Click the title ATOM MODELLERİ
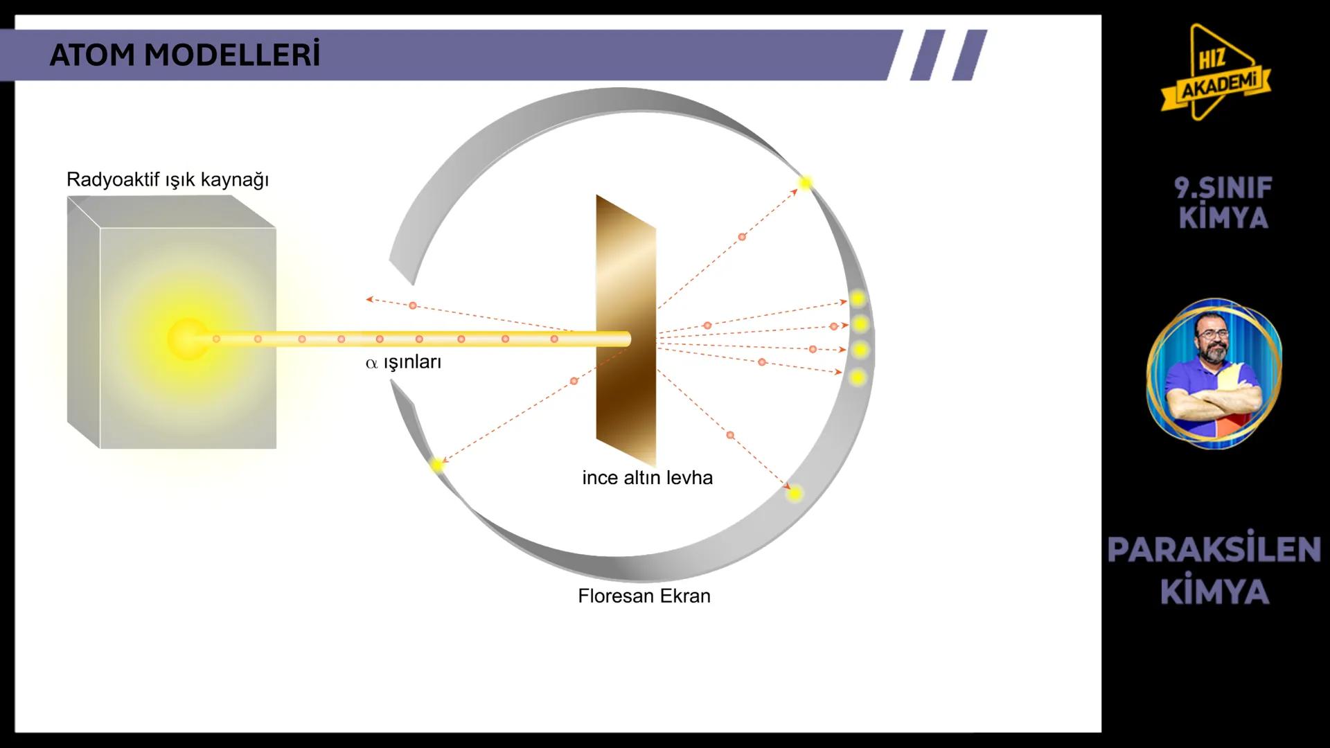pos(185,55)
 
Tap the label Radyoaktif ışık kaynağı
pos(168,180)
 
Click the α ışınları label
pos(403,362)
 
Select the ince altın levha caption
pos(647,478)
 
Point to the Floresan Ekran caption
pos(644,596)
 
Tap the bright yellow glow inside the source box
pos(188,339)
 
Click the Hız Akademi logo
pos(1216,73)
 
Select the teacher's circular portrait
pos(1214,374)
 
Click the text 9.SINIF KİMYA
pos(1223,203)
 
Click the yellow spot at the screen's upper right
pos(805,184)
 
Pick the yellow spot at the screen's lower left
pos(436,465)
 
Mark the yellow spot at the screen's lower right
pos(795,493)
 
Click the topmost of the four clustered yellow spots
pos(858,299)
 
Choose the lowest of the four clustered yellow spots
pos(858,377)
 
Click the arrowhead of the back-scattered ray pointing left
pos(370,299)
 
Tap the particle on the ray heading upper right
pos(742,237)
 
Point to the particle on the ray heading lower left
pos(574,381)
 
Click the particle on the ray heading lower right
pos(730,435)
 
